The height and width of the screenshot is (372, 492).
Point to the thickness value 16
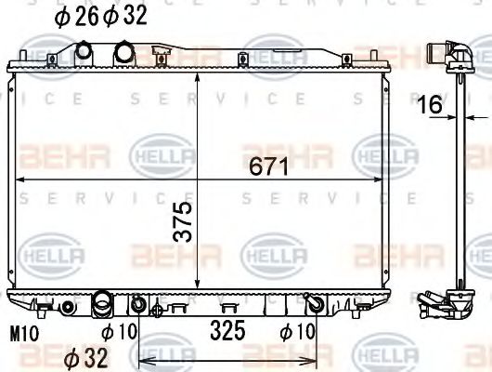(428, 105)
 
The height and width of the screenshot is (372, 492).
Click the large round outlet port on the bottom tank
(102, 303)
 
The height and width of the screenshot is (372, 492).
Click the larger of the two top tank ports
(123, 53)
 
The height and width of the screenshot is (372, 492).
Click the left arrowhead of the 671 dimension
(21, 178)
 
